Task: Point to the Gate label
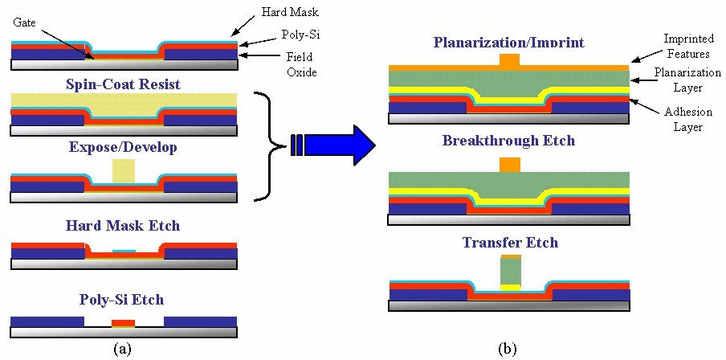coord(24,23)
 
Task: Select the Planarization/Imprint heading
coord(508,42)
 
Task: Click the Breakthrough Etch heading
coord(508,141)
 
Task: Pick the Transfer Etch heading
coord(510,242)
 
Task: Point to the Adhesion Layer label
coord(687,120)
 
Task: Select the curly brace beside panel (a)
coord(271,145)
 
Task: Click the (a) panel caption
coord(124,348)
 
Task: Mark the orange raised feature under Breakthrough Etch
coord(510,165)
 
